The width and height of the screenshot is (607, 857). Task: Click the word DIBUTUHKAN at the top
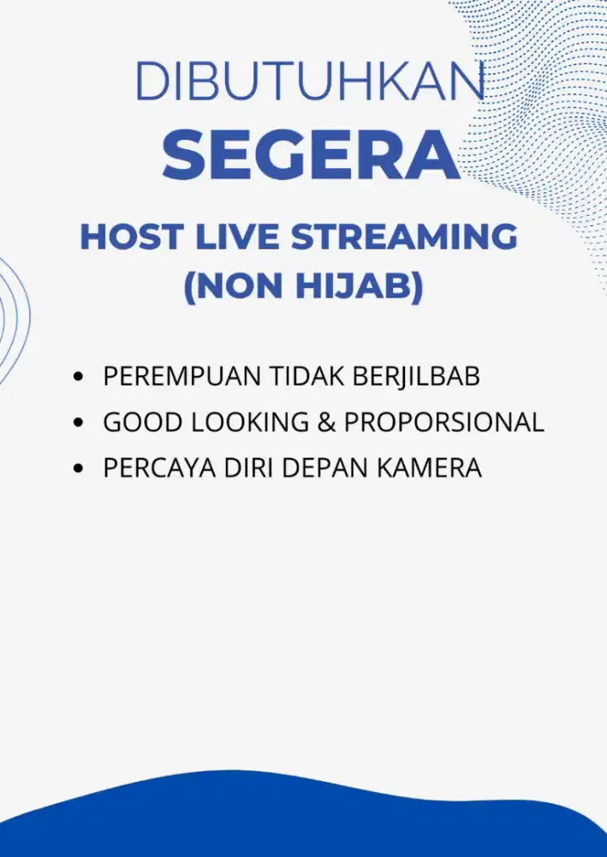[310, 81]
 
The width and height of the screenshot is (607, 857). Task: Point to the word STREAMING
[404, 237]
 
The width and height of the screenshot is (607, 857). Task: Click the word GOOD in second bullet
[135, 423]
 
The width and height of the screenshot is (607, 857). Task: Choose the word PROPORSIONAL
[444, 423]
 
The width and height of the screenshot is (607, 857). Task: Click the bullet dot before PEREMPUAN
[80, 377]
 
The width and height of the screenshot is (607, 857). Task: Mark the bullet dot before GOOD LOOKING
[80, 423]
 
